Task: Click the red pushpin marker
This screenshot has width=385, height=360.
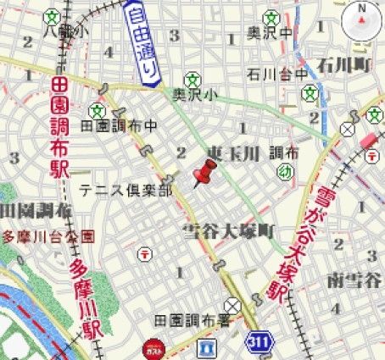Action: pos(204,173)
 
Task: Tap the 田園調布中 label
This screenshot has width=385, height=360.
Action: pos(119,125)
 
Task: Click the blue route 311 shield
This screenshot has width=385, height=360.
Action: pos(260,342)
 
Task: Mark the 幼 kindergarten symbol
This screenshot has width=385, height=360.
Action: pos(286,174)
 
